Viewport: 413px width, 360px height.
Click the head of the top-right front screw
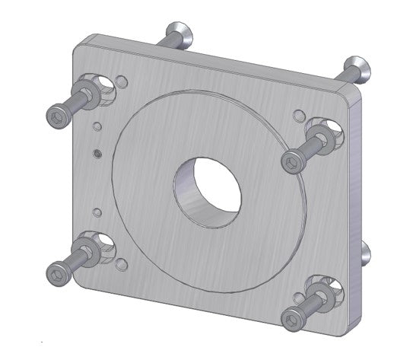[x=292, y=162]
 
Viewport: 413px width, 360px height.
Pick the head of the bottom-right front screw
[x=291, y=317]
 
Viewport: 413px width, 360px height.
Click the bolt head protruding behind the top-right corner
[x=356, y=67]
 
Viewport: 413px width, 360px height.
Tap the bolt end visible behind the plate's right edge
[x=366, y=255]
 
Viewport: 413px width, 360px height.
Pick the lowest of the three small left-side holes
[x=97, y=210]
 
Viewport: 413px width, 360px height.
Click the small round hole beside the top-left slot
[x=122, y=80]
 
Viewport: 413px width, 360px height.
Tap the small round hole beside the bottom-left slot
[x=122, y=266]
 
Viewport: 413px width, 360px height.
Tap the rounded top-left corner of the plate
[x=78, y=43]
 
